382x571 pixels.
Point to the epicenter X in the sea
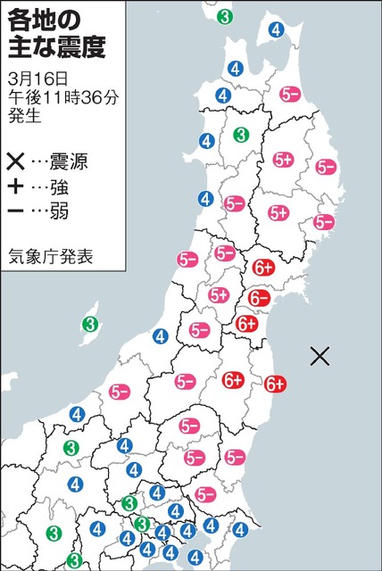pos(320,357)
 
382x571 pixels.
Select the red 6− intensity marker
pos(260,297)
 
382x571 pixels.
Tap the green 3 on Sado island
pos(89,324)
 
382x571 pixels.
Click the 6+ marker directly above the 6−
pos(263,266)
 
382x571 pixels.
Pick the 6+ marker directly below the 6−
pos(247,325)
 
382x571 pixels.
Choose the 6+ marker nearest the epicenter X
pos(276,384)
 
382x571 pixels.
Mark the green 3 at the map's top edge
pos(227,16)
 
